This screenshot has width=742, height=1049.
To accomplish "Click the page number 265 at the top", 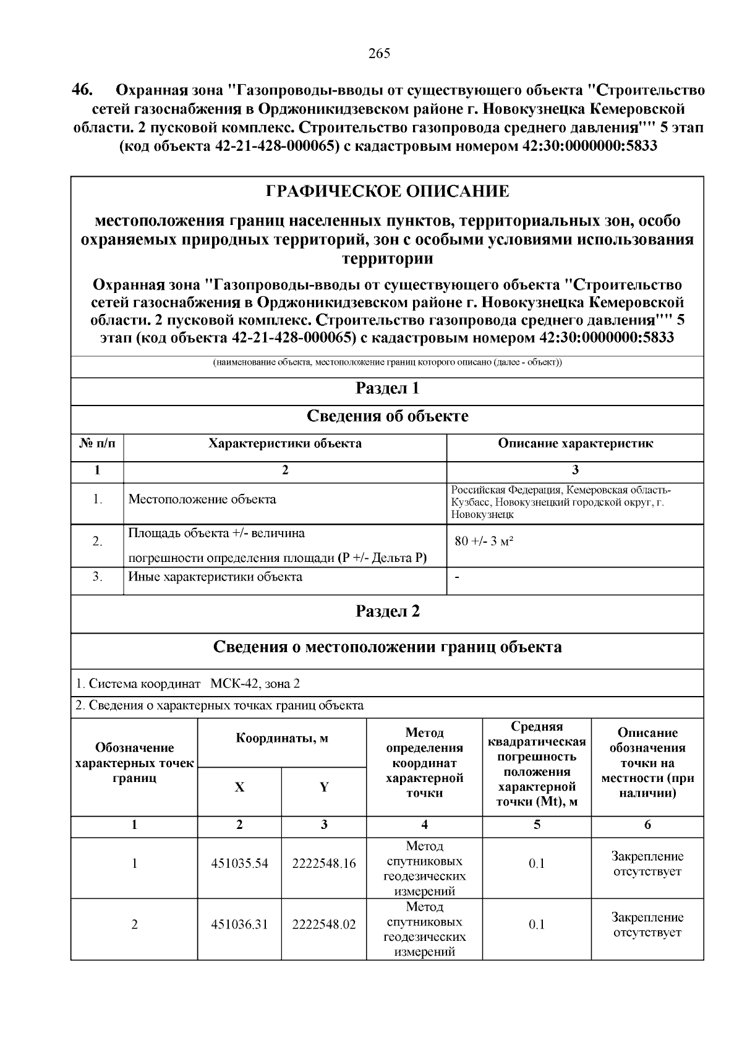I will click(x=379, y=54).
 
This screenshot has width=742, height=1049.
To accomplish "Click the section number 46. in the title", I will click(x=82, y=90).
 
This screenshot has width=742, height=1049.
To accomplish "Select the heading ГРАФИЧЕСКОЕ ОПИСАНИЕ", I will click(x=387, y=192).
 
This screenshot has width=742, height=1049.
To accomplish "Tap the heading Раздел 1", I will click(x=387, y=389).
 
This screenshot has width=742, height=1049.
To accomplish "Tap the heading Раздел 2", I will click(x=387, y=611).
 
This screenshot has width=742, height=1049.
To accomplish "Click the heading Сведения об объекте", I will click(x=387, y=417).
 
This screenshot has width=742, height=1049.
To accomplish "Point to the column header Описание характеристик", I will click(x=575, y=443).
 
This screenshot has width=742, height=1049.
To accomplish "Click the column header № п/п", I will click(x=97, y=443).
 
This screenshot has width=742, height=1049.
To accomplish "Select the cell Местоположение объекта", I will click(x=202, y=499).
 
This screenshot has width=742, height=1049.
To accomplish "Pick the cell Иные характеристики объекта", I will click(x=215, y=577).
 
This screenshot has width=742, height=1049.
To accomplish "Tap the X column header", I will click(x=239, y=788).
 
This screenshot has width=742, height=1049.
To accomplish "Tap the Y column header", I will click(x=324, y=788).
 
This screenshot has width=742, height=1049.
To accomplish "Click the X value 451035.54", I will click(x=239, y=864).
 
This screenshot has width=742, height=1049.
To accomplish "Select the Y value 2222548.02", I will click(x=324, y=925).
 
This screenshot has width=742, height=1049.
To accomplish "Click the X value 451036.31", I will click(x=239, y=925).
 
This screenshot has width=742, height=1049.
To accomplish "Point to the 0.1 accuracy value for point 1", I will click(x=537, y=864).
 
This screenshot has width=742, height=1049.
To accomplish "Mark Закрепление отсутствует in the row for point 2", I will click(x=647, y=925).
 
